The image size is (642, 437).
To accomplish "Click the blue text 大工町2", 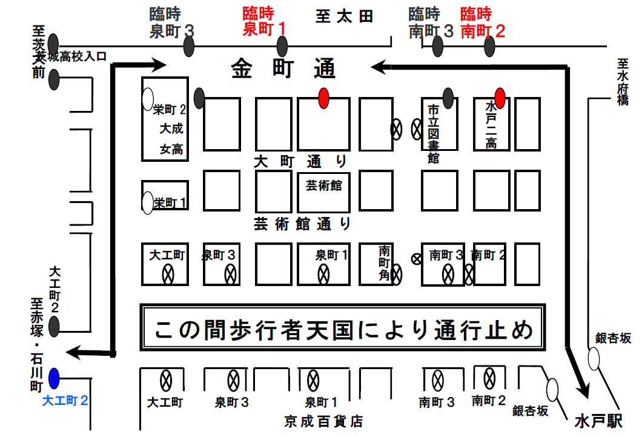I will pos(66,401).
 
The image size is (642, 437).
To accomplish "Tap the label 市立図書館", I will pos(433,133).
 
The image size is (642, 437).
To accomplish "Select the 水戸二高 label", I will pos(491,124).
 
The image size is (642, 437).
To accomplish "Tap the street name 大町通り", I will pos(300,161).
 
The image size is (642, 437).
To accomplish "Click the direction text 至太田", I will pos(344,16).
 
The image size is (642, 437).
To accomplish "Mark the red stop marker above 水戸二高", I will pos(500,97).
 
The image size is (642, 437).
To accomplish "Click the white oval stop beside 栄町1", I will pos(147,203).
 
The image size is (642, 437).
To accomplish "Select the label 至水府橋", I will pos(623,82).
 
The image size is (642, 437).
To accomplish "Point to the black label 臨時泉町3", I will pos(172,22).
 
